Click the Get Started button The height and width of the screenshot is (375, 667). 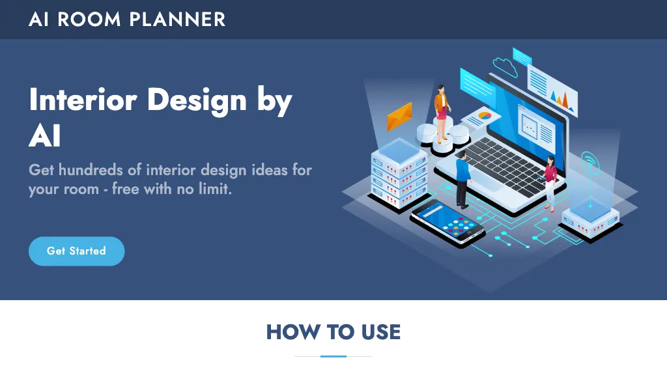76,251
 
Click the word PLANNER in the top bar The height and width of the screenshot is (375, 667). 177,19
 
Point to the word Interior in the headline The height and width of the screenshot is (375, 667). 83,100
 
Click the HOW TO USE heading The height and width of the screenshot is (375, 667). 333,332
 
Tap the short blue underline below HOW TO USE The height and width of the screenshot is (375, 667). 333,356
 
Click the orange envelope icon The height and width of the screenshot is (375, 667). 399,117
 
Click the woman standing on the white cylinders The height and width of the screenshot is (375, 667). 442,112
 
